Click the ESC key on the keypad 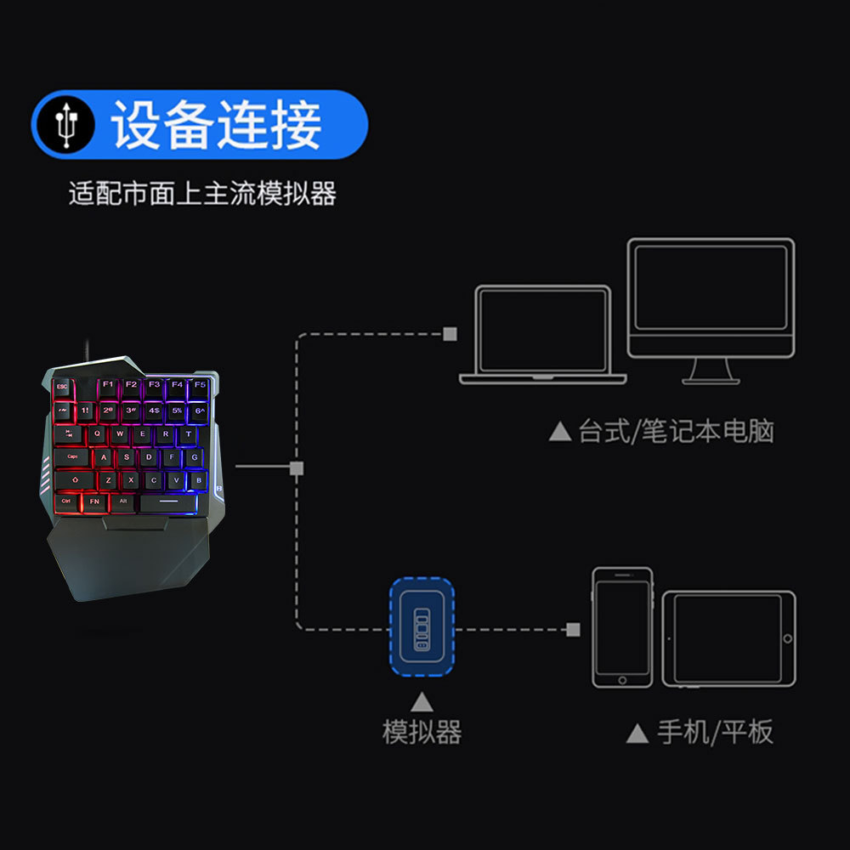(61, 387)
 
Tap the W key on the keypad (120, 433)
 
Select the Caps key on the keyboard (73, 457)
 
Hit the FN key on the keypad (94, 501)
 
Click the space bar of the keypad (168, 502)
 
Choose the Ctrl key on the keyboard (66, 501)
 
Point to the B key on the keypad (199, 480)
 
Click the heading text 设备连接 (218, 126)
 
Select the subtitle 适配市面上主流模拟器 (202, 194)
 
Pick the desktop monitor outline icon (711, 306)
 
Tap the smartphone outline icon (622, 627)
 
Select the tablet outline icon (729, 638)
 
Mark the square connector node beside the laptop (450, 334)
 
